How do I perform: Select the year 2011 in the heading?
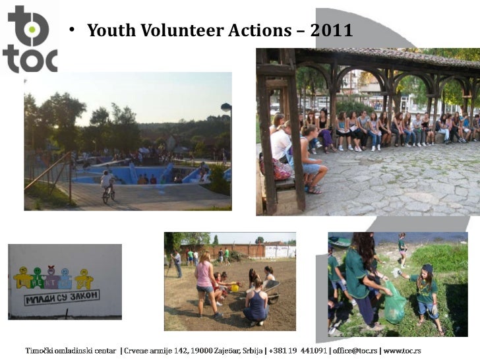coord(331,30)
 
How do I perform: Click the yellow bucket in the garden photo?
coord(235,287)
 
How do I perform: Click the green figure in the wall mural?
coord(38,277)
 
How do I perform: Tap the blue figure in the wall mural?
coord(65,277)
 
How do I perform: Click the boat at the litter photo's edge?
coord(340,242)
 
